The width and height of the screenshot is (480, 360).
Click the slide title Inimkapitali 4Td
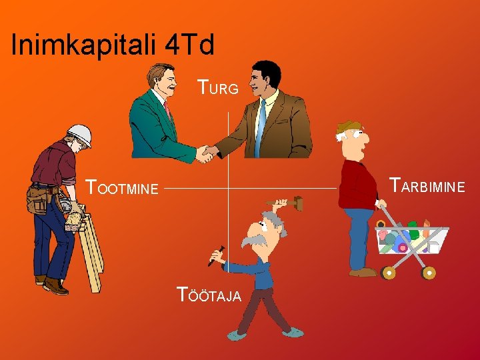113,45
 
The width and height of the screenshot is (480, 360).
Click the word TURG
218,87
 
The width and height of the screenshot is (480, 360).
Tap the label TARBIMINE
427,185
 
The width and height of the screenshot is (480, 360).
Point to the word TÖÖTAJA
209,294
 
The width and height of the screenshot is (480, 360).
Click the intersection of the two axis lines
228,188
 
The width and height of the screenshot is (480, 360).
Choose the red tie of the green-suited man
169,110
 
